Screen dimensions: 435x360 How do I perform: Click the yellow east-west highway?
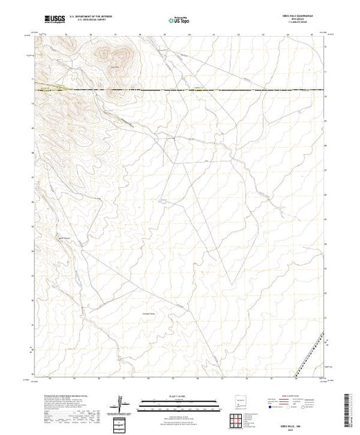207,90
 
